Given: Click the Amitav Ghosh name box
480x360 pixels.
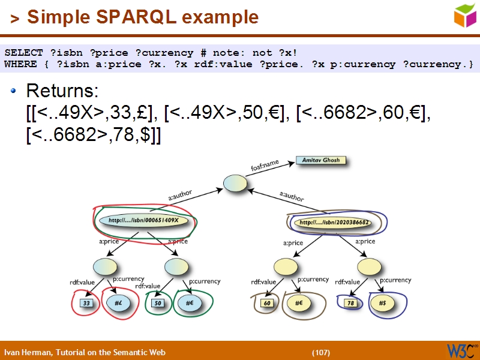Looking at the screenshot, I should (x=321, y=161).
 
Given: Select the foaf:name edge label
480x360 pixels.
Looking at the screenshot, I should (x=265, y=165).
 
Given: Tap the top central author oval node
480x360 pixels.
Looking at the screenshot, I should (x=235, y=184).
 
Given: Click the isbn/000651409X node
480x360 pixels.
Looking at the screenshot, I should (x=144, y=220).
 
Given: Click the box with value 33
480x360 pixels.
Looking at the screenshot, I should (x=86, y=304).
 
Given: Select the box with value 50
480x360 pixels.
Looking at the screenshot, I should (x=158, y=304).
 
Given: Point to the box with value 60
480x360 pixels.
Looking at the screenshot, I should (x=268, y=304).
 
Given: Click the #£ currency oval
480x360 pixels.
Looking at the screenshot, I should (x=119, y=304).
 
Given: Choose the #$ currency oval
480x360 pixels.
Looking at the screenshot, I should (x=382, y=304).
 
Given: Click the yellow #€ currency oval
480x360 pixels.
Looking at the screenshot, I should (x=298, y=304).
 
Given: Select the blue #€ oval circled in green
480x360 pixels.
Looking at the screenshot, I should (x=189, y=304).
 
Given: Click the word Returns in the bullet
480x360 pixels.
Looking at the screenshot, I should (x=62, y=92).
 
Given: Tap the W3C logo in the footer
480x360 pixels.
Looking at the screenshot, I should (x=461, y=350).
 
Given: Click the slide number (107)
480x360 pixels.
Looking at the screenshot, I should (x=321, y=352).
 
